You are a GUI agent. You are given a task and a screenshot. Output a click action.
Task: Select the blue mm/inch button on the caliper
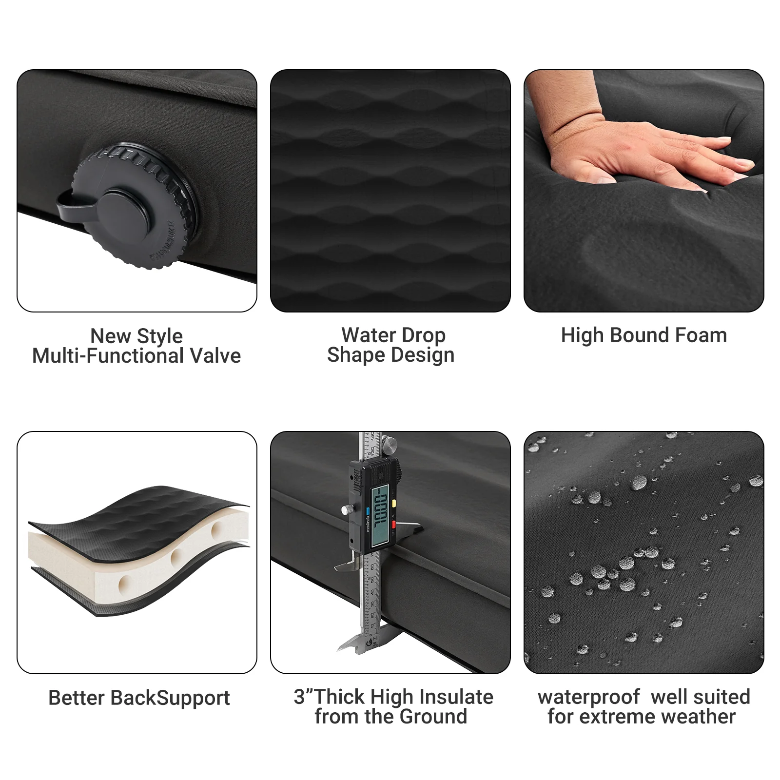[x=368, y=511]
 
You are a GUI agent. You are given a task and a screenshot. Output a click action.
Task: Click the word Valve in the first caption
[x=215, y=356]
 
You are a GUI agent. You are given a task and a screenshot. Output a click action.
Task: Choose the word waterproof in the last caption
[x=588, y=697]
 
